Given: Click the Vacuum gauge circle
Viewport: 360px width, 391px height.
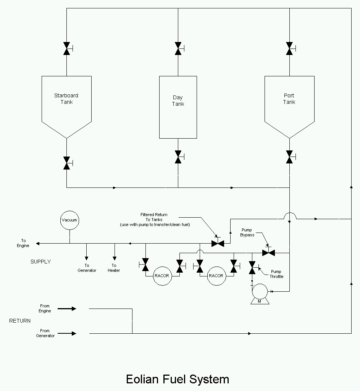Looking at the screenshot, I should coord(69,220).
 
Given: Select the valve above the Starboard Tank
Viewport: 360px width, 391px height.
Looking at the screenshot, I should coord(67,48).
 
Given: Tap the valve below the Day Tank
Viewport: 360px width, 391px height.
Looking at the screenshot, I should coord(178,157).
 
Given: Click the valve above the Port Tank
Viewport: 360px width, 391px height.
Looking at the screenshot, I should coord(289,48).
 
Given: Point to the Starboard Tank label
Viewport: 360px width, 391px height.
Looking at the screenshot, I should coord(66,99).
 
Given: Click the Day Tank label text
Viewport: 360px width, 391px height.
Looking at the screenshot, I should coord(178,101).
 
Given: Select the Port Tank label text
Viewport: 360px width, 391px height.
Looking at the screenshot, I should coord(289,99).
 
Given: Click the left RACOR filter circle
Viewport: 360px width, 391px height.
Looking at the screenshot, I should coord(162,276).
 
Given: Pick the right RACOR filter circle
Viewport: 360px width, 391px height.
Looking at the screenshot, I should coord(216,276).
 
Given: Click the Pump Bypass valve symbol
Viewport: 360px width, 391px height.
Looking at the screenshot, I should coord(268,253).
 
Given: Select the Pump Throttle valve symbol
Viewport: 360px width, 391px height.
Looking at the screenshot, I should coord(252,268).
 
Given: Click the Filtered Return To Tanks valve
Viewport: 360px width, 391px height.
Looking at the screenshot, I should coord(218,243).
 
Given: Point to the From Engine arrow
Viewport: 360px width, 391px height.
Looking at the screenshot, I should coord(67,309).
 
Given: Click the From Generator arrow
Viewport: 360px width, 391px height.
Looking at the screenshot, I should coord(67,333).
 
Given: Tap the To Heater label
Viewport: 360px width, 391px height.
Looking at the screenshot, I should coord(114,268).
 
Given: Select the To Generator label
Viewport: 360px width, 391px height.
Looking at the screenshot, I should coord(87,268).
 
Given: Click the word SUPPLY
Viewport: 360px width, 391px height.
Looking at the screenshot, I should coord(40,262).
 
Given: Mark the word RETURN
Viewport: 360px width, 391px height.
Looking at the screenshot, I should coord(20,321).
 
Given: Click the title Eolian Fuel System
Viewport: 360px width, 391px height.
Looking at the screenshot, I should coord(178,379).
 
